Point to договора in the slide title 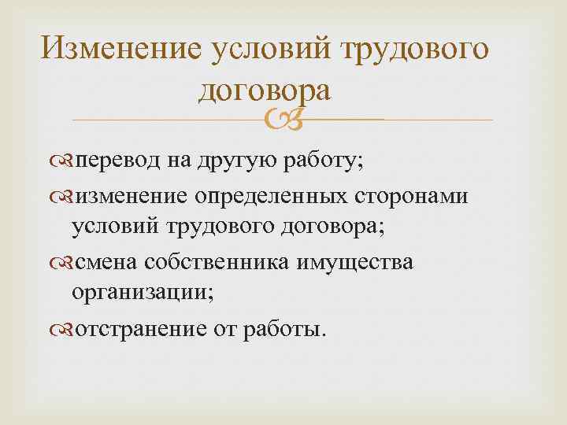coord(263,90)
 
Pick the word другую coord(234,161)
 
